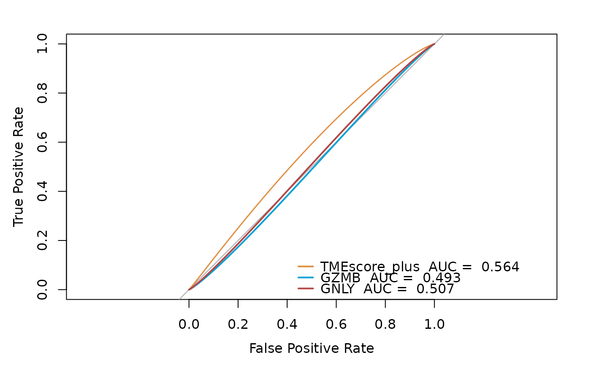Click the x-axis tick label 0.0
189,325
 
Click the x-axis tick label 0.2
238,325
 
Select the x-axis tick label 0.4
287,325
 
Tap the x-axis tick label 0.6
336,325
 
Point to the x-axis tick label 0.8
385,325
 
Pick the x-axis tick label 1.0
434,325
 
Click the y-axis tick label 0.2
42,240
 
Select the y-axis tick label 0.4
42,191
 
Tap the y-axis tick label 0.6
42,142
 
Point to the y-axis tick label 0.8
42,93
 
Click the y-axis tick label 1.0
42,44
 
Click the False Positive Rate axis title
312,349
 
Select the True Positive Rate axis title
18,167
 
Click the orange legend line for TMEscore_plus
306,267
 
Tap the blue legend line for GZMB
306,278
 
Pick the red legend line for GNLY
306,289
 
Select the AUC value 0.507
435,289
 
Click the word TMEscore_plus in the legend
370,267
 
